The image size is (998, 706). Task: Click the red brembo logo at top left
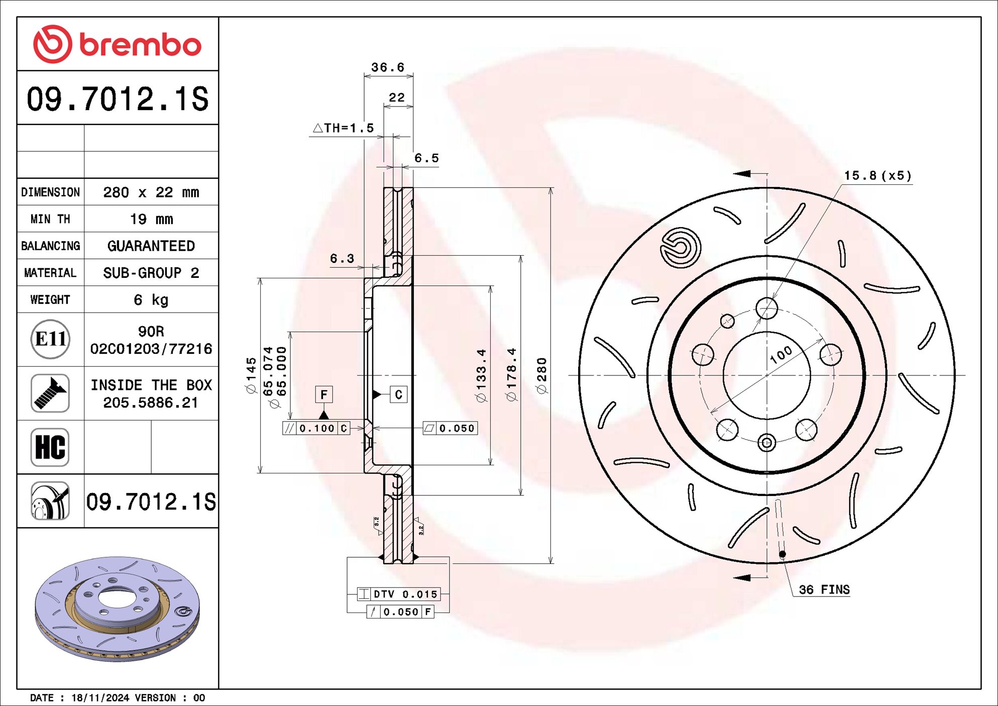[x=117, y=44]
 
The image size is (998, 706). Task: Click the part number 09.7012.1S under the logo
[x=117, y=98]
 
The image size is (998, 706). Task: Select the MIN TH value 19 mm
[x=151, y=219]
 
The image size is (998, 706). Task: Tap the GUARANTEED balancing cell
[x=151, y=246]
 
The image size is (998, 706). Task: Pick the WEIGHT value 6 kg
[x=151, y=300]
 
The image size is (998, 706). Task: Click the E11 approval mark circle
[x=50, y=339]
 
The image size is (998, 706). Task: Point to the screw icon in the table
[x=50, y=393]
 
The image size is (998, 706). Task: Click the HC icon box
[x=50, y=447]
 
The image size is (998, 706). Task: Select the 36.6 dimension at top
[x=387, y=67]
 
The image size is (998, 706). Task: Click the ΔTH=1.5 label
[x=344, y=128]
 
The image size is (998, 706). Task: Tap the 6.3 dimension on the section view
[x=342, y=258]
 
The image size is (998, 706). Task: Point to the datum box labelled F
[x=324, y=394]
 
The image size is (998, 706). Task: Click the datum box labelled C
[x=398, y=394]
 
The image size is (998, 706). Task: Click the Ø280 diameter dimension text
[x=541, y=375]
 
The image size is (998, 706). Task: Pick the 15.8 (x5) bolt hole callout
[x=877, y=175]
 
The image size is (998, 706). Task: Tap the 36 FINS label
[x=824, y=589]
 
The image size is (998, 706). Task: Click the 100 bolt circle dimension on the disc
[x=781, y=354]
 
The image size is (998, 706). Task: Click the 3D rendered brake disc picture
[x=117, y=608]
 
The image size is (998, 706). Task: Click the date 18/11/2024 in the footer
[x=100, y=697]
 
